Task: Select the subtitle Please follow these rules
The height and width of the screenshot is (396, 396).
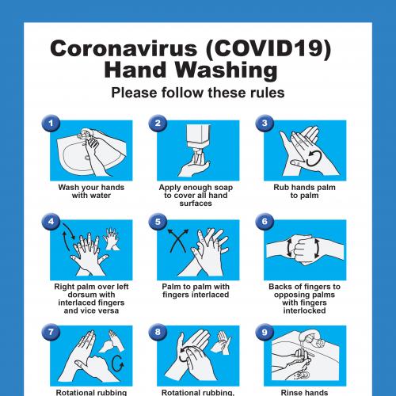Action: (197, 93)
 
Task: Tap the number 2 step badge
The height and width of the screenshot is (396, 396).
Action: (158, 123)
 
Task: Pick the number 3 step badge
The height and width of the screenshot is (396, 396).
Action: (264, 123)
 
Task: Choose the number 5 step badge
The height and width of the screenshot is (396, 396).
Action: (158, 223)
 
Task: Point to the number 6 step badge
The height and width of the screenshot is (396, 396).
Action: (264, 223)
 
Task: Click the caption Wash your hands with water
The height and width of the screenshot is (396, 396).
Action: (89, 191)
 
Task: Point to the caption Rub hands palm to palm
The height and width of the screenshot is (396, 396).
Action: (303, 191)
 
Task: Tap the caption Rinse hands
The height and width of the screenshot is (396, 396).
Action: (303, 390)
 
